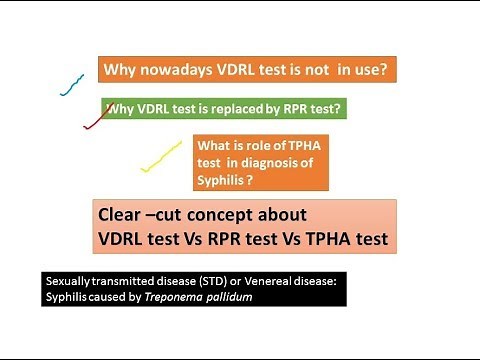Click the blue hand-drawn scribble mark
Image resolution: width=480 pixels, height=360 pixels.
70,84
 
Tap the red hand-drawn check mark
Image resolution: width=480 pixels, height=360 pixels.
96,118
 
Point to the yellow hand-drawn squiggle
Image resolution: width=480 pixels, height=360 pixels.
160,156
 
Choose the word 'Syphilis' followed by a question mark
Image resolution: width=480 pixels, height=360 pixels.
226,182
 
